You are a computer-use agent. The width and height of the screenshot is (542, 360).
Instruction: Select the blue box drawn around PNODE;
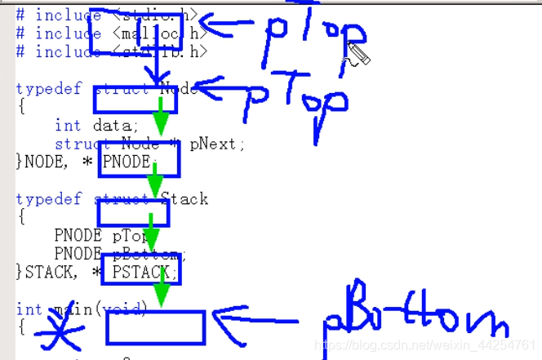tap(138, 160)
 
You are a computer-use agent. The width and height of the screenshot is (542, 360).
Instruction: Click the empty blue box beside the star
tap(155, 327)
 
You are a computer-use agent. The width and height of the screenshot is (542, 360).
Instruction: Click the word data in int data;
tap(118, 125)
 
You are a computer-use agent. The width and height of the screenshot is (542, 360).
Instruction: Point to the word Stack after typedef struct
tap(184, 198)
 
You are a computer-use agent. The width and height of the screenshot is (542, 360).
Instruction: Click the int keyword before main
tap(29, 309)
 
